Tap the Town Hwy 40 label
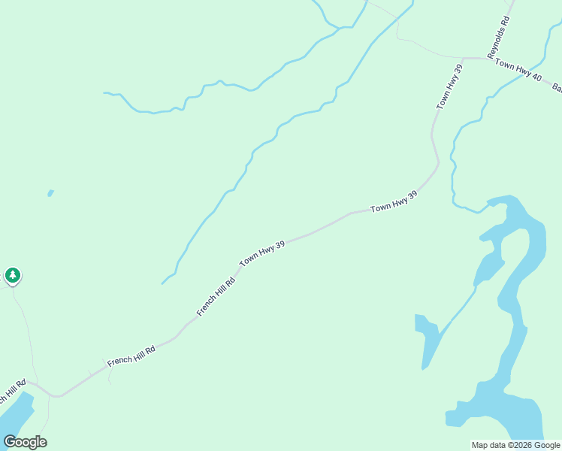tap(518, 71)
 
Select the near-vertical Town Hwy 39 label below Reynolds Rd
tap(449, 87)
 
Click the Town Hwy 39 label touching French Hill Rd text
tap(262, 253)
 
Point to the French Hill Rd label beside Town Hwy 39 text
tap(216, 295)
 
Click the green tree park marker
tap(13, 276)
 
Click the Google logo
tap(25, 442)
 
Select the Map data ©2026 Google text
tap(516, 445)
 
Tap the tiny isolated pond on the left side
tap(50, 193)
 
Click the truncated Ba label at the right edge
tap(557, 88)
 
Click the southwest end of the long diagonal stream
tap(162, 283)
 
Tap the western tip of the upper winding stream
tap(104, 93)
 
